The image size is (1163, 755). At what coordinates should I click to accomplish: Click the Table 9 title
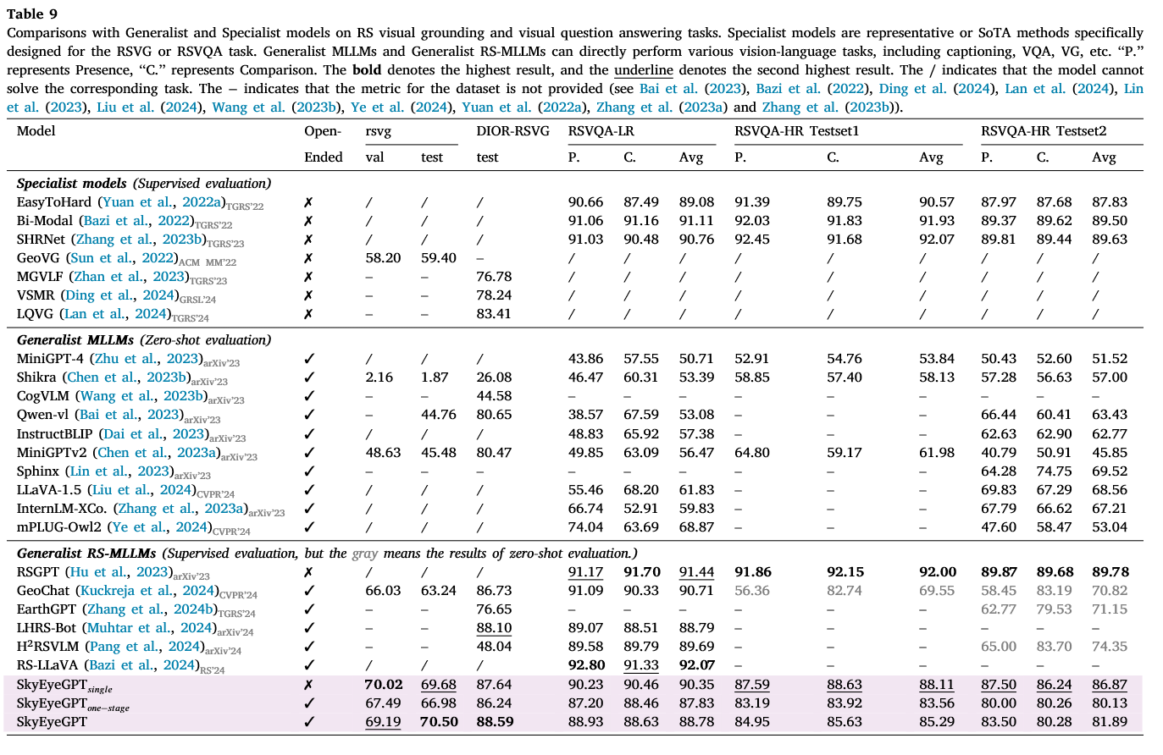point(32,14)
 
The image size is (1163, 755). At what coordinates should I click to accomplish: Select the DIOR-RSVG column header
point(512,131)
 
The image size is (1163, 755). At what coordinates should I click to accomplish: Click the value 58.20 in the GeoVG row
point(383,258)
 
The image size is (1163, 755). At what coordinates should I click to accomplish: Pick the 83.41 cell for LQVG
point(494,314)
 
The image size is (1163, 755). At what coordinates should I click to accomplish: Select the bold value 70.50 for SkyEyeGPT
point(440,722)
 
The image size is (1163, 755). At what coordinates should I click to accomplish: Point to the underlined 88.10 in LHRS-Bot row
point(494,628)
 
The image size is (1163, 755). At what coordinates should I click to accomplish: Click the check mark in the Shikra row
point(309,377)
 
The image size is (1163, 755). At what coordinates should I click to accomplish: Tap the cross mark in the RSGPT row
point(308,572)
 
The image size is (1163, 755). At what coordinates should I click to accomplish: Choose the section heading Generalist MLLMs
point(75,340)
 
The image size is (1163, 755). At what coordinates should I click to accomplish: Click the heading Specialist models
point(72,184)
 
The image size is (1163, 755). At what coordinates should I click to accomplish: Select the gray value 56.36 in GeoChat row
point(752,591)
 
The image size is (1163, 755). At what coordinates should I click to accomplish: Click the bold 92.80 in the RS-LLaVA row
point(585,665)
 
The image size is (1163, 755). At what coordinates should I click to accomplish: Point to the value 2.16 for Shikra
point(379,377)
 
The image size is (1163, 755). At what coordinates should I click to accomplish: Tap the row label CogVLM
point(42,396)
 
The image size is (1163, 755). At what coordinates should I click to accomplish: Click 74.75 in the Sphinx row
point(1054,471)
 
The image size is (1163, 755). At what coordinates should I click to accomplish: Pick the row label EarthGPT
point(47,609)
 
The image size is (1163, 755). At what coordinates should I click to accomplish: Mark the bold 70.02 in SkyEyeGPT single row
point(384,685)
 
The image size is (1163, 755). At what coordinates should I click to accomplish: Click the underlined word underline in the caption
point(644,70)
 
